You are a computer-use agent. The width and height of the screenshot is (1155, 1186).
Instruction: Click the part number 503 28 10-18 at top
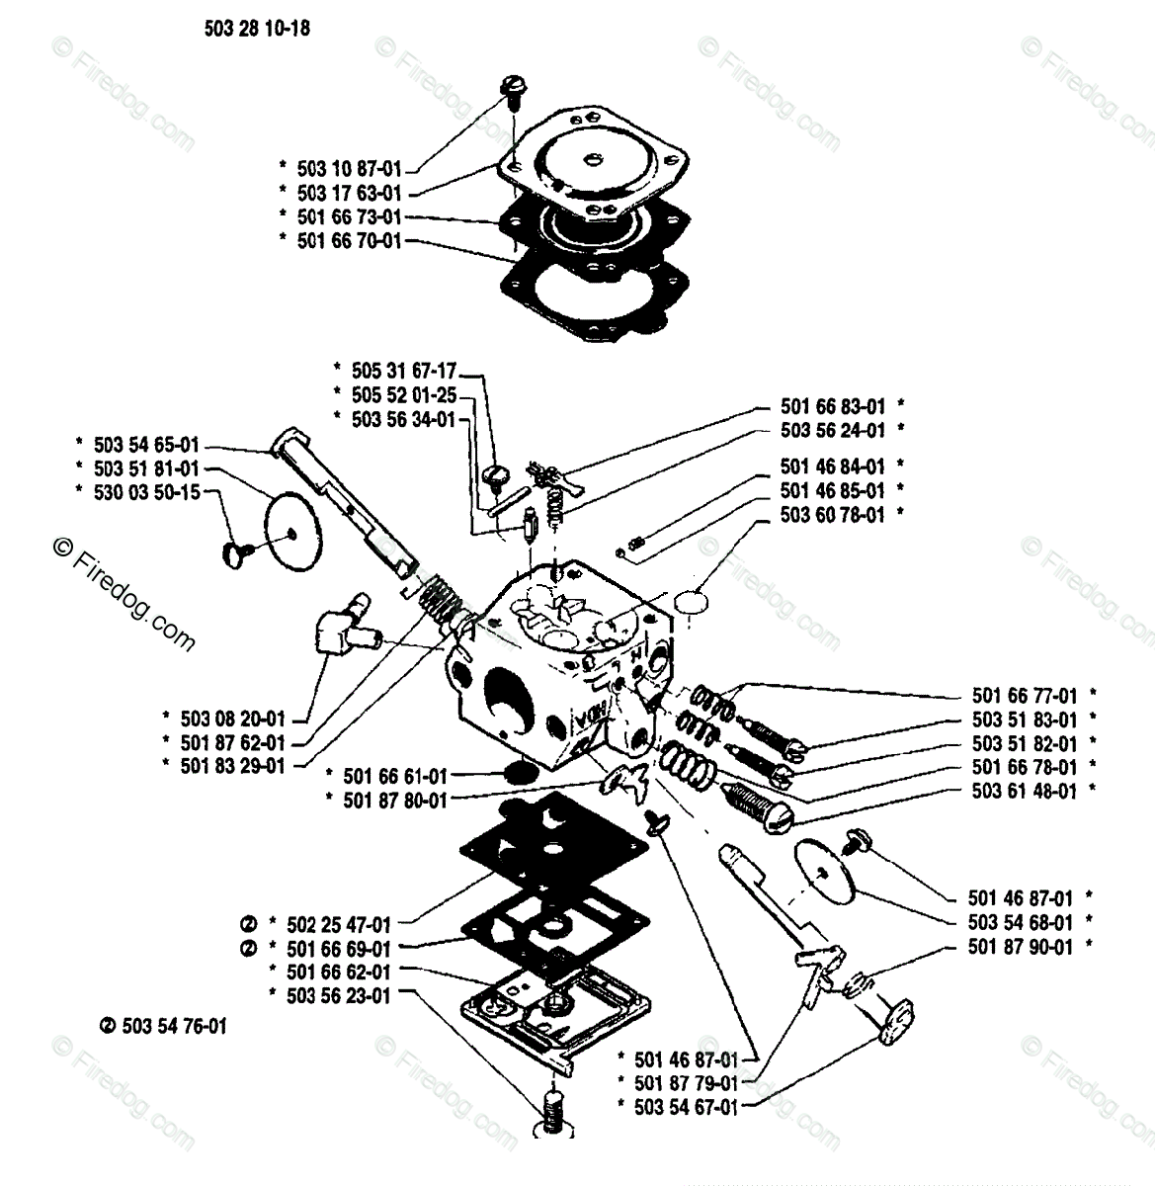click(x=257, y=29)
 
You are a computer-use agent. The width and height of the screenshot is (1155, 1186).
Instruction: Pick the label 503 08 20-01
click(x=233, y=719)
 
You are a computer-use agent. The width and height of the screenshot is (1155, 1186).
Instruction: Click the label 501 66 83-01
click(x=832, y=406)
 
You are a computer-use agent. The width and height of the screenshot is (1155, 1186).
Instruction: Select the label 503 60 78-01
click(x=832, y=514)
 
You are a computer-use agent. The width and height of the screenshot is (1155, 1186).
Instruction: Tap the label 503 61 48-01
click(x=1025, y=791)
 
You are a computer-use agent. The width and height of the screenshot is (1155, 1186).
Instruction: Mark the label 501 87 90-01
click(x=1020, y=946)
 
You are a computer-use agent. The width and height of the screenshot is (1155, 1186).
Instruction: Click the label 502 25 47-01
click(x=338, y=925)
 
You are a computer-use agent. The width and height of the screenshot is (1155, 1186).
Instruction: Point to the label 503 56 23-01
click(x=338, y=995)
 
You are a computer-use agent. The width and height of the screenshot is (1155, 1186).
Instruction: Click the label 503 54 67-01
click(x=686, y=1107)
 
